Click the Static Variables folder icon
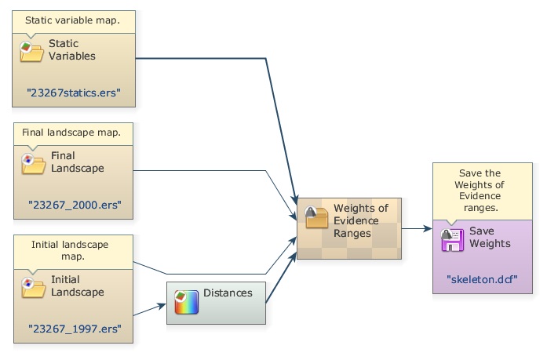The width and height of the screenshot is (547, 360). click(x=31, y=51)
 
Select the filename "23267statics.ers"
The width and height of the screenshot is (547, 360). click(x=74, y=93)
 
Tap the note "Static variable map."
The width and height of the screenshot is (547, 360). click(x=72, y=20)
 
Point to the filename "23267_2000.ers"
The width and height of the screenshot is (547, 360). click(x=74, y=204)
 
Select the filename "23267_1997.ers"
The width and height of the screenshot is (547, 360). click(x=74, y=328)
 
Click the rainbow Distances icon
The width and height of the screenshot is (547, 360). click(x=186, y=301)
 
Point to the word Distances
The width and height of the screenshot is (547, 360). click(x=228, y=293)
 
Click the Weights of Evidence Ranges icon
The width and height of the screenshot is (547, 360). click(x=316, y=217)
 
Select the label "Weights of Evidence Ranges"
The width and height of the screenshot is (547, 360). click(x=361, y=220)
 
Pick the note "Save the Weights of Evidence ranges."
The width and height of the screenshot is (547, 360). click(x=482, y=190)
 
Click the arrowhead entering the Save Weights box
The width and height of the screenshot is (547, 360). click(x=427, y=229)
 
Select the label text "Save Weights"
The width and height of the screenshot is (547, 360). click(x=490, y=238)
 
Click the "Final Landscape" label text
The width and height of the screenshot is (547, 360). click(x=77, y=162)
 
